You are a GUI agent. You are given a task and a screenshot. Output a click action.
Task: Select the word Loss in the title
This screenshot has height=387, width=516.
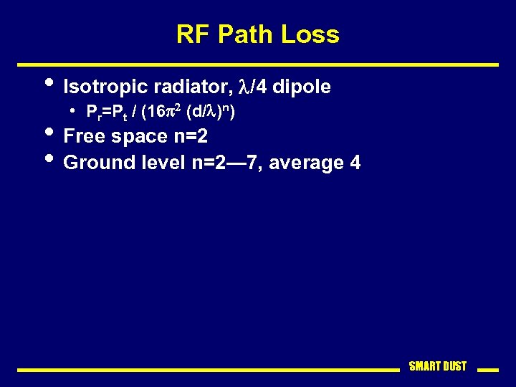[x=310, y=34]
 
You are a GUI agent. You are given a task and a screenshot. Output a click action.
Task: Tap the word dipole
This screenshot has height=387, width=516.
[x=301, y=87]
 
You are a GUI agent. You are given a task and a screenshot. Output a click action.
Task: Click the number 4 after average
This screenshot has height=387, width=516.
[x=355, y=163]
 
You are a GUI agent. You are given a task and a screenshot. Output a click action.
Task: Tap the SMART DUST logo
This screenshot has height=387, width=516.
[x=437, y=366]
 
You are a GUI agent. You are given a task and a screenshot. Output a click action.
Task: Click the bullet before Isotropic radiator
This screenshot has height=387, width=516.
[x=48, y=82]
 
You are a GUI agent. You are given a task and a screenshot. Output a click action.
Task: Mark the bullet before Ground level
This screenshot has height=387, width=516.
[x=48, y=158]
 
